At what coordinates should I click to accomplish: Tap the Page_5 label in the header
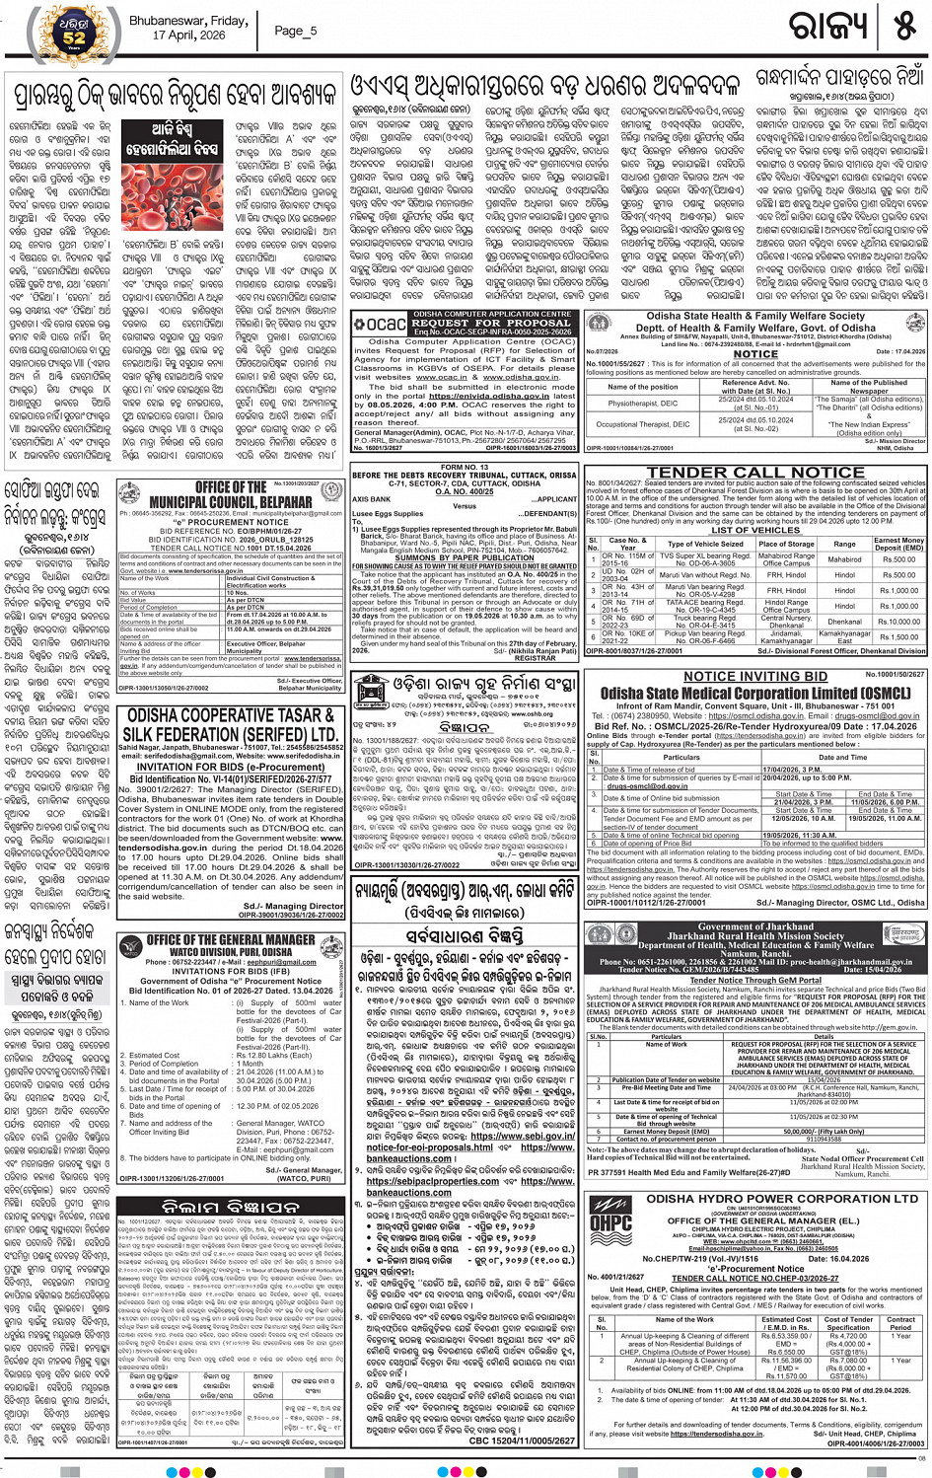[295, 31]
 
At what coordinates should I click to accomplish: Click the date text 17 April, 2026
[188, 36]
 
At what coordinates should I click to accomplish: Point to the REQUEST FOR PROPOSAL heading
[490, 323]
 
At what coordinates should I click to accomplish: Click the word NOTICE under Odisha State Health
[754, 353]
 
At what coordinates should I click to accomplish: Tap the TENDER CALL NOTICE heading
[755, 473]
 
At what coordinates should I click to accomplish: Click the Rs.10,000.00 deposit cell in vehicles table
[898, 622]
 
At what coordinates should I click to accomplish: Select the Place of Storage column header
[786, 544]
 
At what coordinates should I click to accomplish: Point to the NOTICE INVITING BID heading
[755, 677]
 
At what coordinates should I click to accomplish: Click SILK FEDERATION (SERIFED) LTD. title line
[230, 735]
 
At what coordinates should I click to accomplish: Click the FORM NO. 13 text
[465, 467]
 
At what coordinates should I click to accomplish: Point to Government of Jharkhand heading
[754, 926]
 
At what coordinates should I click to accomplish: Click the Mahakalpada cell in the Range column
[844, 559]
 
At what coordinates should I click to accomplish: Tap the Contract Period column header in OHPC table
[899, 1323]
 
